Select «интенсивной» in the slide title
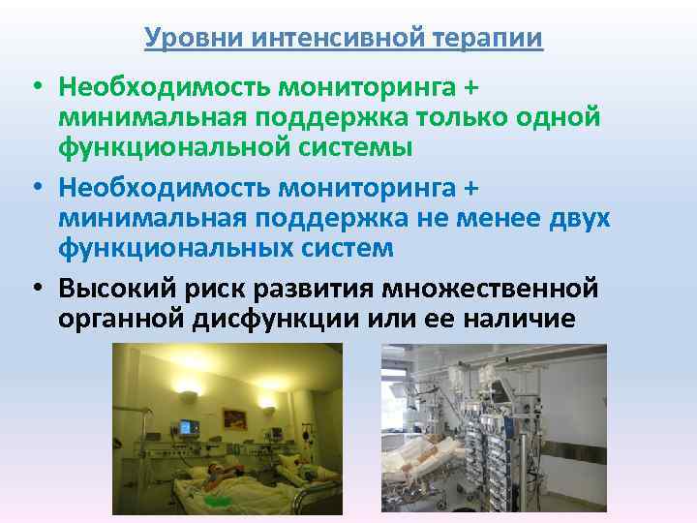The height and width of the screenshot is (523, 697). (334, 38)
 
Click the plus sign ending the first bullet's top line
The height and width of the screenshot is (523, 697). (471, 88)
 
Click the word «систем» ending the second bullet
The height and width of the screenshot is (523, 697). (345, 248)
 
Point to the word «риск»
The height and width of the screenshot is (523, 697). (220, 290)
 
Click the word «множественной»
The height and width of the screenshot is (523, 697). (491, 290)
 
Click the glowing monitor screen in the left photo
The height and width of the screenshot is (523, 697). (188, 425)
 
